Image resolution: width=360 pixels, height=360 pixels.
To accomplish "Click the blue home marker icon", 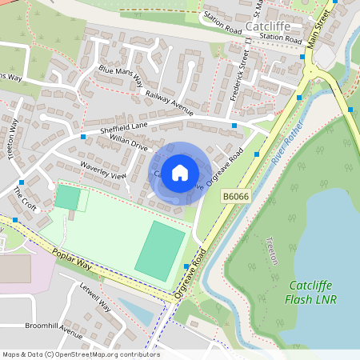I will tap(180, 171).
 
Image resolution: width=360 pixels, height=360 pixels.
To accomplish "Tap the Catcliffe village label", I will tap(272, 26).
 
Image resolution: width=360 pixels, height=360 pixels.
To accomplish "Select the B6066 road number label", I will tap(236, 195).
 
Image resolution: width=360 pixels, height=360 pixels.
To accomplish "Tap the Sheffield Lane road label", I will tap(126, 126).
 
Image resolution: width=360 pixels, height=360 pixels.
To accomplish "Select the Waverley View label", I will tap(102, 170).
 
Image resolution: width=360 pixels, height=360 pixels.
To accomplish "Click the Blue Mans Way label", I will tap(121, 75).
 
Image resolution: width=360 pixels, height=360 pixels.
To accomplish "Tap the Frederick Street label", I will tap(240, 75).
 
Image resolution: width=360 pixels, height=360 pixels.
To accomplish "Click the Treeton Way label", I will tap(14, 139).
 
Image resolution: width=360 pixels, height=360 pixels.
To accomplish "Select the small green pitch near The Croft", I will tap(68, 197).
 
